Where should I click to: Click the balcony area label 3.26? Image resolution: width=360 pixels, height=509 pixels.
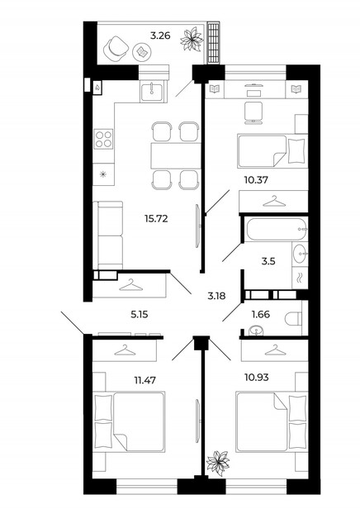160,35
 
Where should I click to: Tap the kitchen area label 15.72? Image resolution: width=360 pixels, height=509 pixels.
156,219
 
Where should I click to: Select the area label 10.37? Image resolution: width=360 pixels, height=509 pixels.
256,179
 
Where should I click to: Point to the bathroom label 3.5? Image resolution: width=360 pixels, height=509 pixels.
268,261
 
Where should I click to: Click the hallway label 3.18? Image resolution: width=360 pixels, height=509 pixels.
216,296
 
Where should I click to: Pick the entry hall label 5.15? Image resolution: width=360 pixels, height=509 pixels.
140,314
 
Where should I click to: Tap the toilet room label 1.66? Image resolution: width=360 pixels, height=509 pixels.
261,314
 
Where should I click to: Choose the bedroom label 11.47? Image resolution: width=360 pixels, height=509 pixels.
145,380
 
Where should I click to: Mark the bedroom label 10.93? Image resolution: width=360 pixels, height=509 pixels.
257,378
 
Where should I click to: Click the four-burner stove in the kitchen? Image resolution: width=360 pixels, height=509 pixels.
103,139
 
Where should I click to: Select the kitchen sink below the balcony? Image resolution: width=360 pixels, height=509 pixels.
152,91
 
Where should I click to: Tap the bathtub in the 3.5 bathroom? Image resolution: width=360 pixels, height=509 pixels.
277,230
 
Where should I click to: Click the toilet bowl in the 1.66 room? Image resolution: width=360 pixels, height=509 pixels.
293,318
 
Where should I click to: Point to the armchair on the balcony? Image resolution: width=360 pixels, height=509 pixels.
115,49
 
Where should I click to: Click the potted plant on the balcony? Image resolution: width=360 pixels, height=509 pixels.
192,40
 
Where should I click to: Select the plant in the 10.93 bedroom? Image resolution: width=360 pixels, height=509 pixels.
218,461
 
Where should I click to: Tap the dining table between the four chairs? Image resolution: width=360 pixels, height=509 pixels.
176,155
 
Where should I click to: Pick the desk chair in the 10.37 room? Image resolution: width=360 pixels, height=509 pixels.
253,112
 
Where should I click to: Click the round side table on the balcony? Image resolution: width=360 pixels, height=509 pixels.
142,51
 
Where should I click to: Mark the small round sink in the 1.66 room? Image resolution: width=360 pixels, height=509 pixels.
256,331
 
